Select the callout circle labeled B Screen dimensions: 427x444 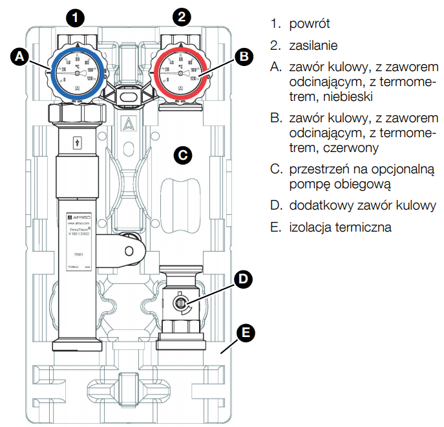tap(243, 57)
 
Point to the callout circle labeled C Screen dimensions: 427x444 tap(182, 155)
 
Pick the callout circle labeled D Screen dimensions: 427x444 tap(243, 279)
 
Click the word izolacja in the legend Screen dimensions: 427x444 tap(310, 227)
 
